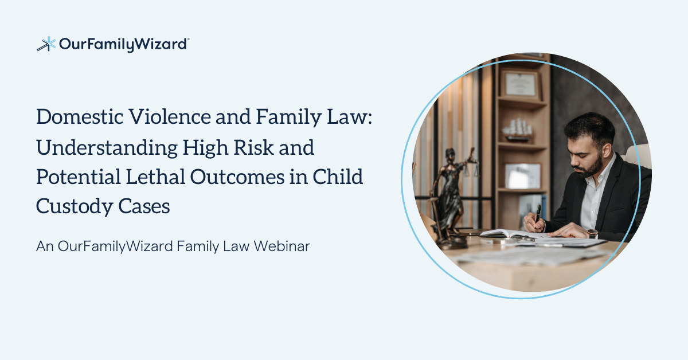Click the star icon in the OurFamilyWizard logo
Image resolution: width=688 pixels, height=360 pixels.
[x=46, y=44]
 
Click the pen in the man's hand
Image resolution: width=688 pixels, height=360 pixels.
[x=537, y=217]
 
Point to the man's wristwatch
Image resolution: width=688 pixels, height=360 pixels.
[x=592, y=233]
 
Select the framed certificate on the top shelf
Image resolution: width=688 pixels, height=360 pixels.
[x=520, y=84]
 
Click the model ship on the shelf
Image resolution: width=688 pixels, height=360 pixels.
[x=518, y=130]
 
